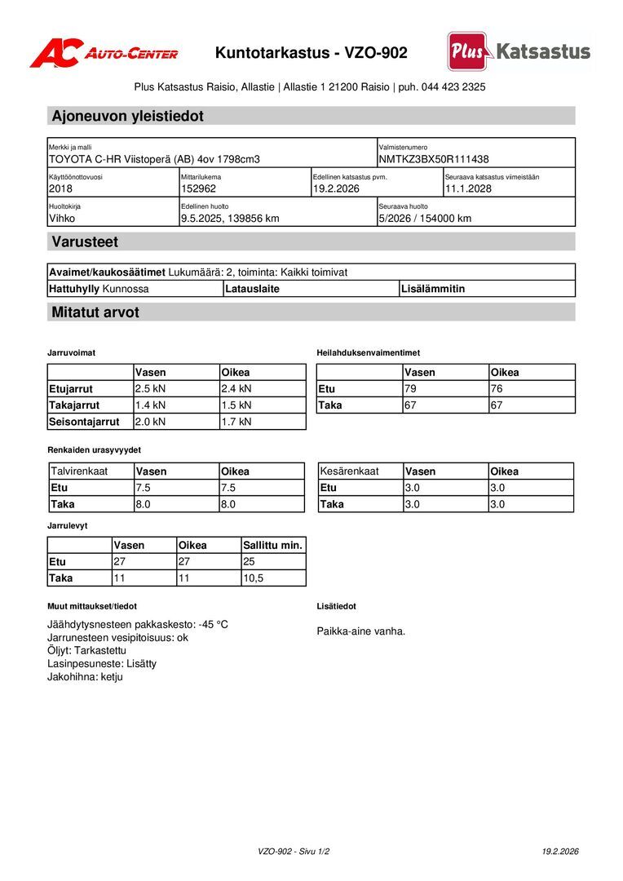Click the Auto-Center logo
[104, 54]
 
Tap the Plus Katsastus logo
[519, 52]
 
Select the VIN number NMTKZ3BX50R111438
[434, 159]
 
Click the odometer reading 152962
[198, 188]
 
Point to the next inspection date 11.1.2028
[468, 188]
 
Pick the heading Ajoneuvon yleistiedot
[127, 116]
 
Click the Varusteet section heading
[85, 241]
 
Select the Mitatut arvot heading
[95, 312]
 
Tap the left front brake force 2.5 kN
[151, 389]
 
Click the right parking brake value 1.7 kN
[236, 422]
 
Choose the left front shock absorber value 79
[411, 389]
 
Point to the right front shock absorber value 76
[497, 389]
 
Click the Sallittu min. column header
[272, 545]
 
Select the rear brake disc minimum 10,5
[254, 578]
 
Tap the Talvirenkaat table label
[79, 471]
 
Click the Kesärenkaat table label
[349, 471]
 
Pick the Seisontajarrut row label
[84, 422]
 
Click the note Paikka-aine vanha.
[360, 631]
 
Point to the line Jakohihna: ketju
[85, 676]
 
